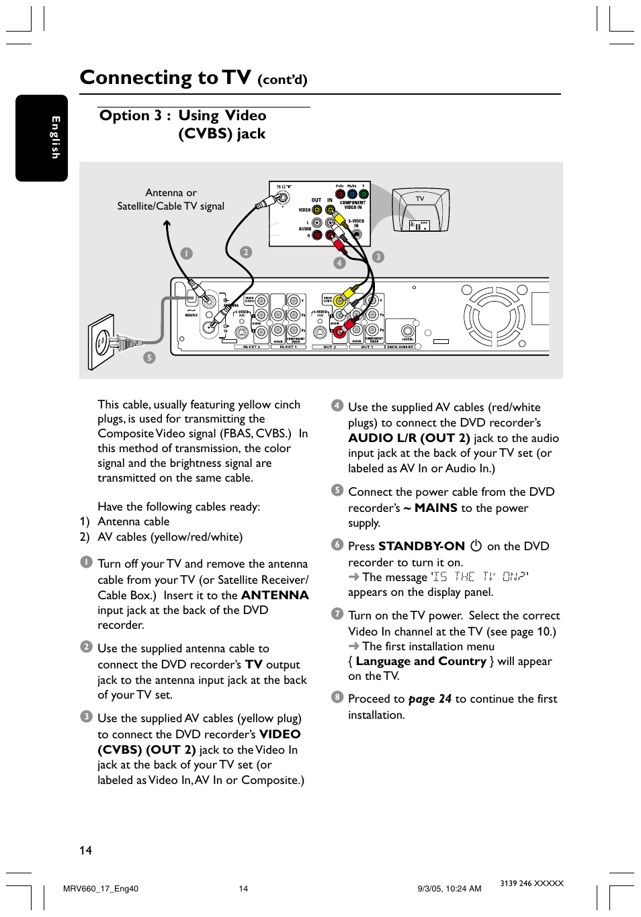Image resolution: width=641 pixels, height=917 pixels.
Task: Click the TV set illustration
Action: click(x=421, y=210)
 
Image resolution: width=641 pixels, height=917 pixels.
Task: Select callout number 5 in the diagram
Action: click(x=149, y=358)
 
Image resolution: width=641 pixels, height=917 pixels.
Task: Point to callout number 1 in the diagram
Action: click(x=186, y=253)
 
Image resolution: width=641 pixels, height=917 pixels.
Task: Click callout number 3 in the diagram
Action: click(x=378, y=257)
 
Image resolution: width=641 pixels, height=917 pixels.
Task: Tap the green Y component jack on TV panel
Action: click(x=364, y=195)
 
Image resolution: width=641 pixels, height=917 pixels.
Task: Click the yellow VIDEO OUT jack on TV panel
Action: click(x=316, y=210)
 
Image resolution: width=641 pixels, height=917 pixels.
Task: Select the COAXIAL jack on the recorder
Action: click(x=408, y=331)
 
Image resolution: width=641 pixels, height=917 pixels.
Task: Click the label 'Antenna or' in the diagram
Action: click(x=171, y=193)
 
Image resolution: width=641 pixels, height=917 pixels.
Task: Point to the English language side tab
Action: click(x=42, y=138)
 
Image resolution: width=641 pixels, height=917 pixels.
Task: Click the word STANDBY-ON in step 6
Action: click(x=421, y=546)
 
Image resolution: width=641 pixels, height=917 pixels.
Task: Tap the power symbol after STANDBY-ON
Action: click(x=476, y=546)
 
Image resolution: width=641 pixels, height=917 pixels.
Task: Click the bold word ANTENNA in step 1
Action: click(x=275, y=595)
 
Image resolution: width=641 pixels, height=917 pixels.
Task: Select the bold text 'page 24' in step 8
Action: click(x=429, y=699)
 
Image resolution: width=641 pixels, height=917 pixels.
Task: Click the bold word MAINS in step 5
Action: click(x=435, y=508)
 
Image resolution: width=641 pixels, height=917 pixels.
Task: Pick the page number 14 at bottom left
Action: click(x=85, y=850)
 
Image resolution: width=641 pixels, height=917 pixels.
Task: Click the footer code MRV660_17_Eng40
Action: click(x=100, y=889)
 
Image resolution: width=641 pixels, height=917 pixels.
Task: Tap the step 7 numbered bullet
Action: click(x=337, y=613)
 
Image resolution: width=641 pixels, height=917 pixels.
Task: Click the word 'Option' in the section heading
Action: click(x=124, y=116)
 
